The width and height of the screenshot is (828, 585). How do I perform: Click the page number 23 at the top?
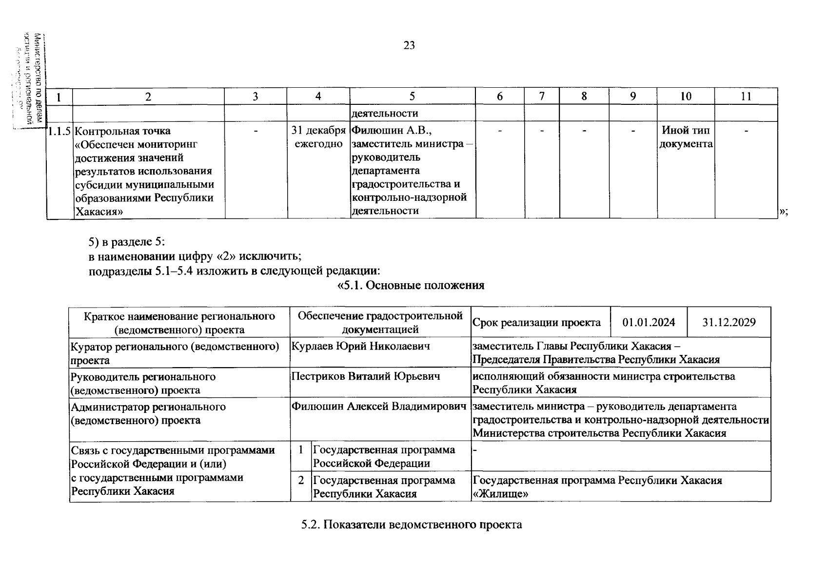(409, 45)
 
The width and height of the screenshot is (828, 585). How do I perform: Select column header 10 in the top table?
(686, 97)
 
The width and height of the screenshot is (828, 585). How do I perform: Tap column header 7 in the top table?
(542, 97)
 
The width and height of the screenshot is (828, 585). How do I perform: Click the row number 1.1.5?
(59, 131)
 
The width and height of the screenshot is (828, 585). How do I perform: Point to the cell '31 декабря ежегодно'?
(318, 137)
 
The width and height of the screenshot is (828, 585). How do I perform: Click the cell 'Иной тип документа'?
(686, 137)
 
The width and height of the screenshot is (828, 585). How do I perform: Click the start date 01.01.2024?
(649, 322)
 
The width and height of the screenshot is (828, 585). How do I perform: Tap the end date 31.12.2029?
(729, 322)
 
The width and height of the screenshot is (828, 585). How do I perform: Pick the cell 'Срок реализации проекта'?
(536, 322)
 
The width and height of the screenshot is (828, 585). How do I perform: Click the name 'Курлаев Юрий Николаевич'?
(361, 346)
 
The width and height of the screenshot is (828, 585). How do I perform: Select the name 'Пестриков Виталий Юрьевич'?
(366, 376)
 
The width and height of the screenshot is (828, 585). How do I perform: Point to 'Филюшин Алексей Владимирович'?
(378, 407)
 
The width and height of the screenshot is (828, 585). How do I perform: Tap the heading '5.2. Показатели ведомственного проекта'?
(412, 525)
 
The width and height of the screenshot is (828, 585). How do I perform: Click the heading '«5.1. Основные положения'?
(411, 286)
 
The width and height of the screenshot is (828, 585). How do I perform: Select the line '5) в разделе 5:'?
(127, 242)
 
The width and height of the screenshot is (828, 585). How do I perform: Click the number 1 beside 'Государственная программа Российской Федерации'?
(301, 450)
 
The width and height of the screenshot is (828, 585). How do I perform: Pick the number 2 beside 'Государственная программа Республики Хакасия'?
(301, 480)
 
